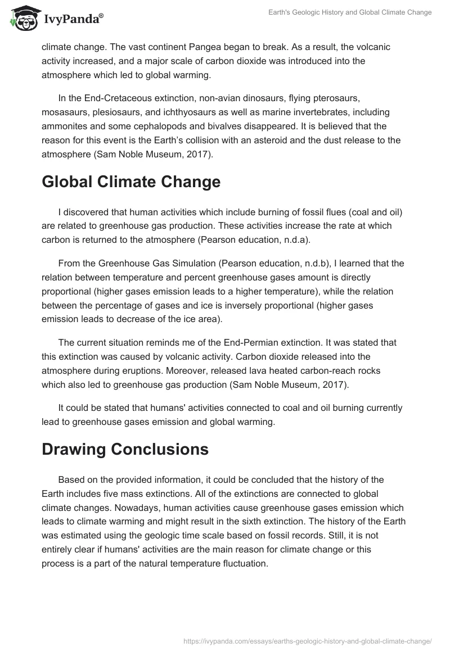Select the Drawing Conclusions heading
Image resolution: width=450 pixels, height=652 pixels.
[125, 449]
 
